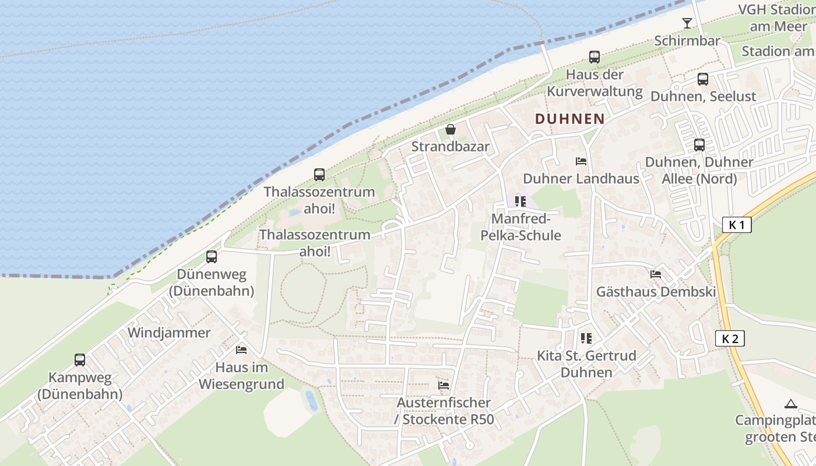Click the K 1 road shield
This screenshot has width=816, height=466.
tap(737, 225)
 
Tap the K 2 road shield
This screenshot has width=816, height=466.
tap(730, 338)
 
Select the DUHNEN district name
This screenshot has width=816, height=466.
tap(569, 119)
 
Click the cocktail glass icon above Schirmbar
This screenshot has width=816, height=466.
tap(687, 23)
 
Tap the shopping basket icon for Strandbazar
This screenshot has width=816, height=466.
tap(450, 129)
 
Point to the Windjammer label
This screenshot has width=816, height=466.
tap(168, 333)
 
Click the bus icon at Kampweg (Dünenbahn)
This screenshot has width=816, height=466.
tap(80, 360)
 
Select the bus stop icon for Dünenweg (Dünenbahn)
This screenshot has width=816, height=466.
tap(212, 256)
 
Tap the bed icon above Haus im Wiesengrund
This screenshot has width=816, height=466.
tap(241, 349)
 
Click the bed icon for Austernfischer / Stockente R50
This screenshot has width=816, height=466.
tap(444, 385)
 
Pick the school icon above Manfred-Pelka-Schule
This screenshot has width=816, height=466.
tap(520, 202)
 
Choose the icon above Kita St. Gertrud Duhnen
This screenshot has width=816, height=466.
tap(586, 338)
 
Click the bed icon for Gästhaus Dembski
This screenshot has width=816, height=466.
tap(656, 274)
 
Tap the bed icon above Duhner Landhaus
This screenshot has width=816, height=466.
tap(581, 161)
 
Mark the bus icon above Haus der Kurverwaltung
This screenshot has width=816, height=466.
tap(594, 57)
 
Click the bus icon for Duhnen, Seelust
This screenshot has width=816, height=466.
tap(703, 79)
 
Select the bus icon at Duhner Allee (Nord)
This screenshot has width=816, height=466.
tap(699, 145)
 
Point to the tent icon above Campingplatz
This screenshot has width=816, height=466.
tap(790, 404)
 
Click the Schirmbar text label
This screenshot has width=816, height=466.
tap(687, 41)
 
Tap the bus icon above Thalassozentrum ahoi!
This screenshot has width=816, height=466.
tap(319, 174)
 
